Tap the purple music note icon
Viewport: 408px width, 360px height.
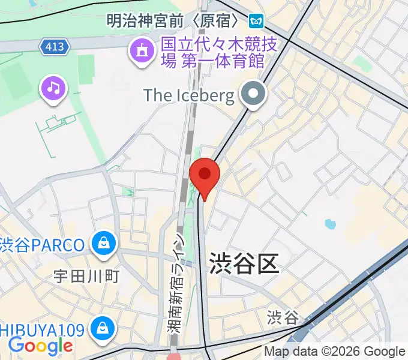pyautogui.click(x=54, y=89)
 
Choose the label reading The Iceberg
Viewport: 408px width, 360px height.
pyautogui.click(x=188, y=95)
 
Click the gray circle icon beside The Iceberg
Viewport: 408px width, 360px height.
pyautogui.click(x=254, y=94)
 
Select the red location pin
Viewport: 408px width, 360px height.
pyautogui.click(x=205, y=176)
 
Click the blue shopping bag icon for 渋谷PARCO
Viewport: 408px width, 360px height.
pyautogui.click(x=104, y=243)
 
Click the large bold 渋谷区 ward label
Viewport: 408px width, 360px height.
pyautogui.click(x=244, y=263)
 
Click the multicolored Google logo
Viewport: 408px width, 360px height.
pyautogui.click(x=40, y=346)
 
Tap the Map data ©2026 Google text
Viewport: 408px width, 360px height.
pyautogui.click(x=335, y=352)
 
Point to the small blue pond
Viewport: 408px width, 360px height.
pyautogui.click(x=329, y=224)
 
